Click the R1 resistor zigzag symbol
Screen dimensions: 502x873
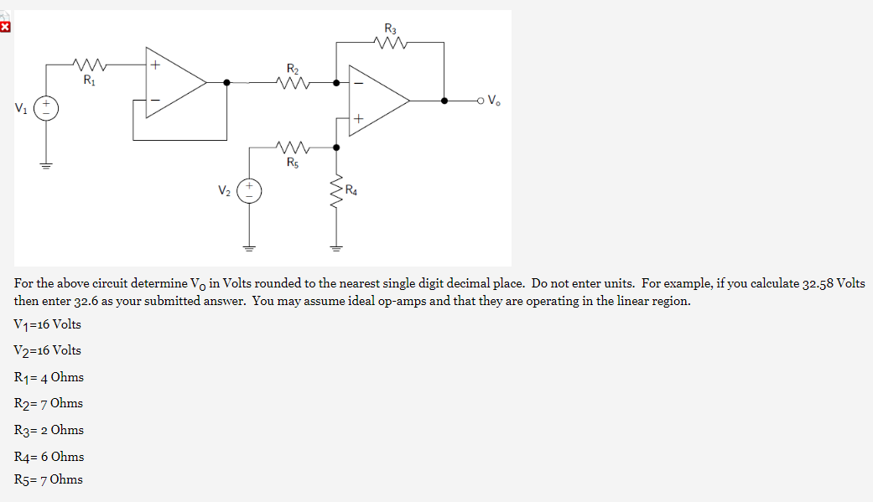click(87, 64)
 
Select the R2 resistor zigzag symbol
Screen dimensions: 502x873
click(292, 82)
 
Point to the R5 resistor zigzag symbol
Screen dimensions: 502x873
click(292, 147)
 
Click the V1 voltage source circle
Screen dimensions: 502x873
click(46, 108)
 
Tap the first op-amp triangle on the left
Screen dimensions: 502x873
click(175, 82)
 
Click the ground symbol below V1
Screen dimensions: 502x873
click(46, 164)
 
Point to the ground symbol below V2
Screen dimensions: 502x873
click(249, 247)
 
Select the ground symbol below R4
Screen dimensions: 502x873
click(336, 247)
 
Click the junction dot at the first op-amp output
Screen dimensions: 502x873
click(227, 82)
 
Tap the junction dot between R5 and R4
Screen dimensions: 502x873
click(336, 147)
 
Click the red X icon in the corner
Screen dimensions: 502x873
click(5, 28)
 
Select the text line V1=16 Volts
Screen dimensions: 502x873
click(48, 324)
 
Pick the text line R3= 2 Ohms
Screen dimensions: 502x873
click(49, 430)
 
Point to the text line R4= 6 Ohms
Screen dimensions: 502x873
click(49, 457)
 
